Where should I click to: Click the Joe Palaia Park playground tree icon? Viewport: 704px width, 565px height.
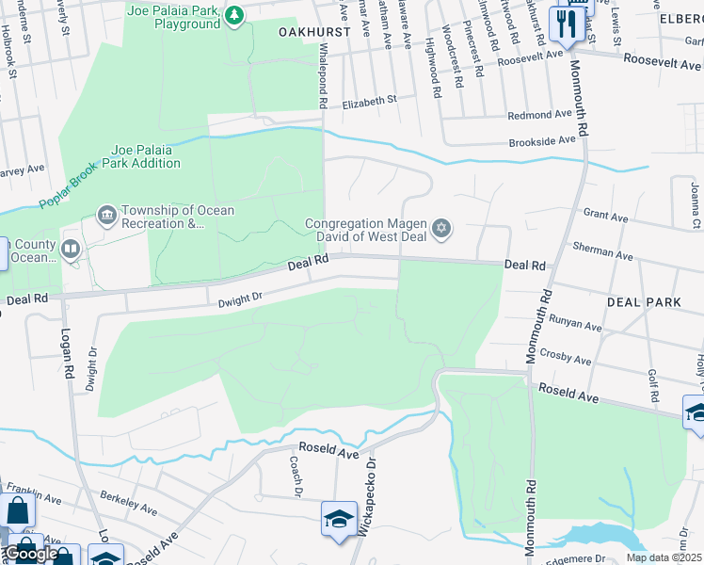pyautogui.click(x=234, y=14)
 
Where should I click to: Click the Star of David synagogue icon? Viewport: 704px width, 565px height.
pyautogui.click(x=440, y=229)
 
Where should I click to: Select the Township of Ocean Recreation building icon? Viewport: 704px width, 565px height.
pyautogui.click(x=106, y=217)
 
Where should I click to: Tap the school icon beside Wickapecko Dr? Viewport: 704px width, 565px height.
pyautogui.click(x=339, y=519)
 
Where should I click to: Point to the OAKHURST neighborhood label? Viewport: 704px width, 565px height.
pyautogui.click(x=314, y=31)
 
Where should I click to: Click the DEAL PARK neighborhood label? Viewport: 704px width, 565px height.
pyautogui.click(x=644, y=302)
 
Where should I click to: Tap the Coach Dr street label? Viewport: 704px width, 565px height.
pyautogui.click(x=295, y=476)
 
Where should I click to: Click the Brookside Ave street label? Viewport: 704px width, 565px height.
pyautogui.click(x=541, y=139)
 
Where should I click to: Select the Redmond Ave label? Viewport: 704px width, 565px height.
pyautogui.click(x=540, y=115)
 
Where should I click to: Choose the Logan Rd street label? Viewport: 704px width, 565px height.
pyautogui.click(x=68, y=353)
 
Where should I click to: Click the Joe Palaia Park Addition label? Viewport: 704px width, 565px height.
pyautogui.click(x=145, y=156)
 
